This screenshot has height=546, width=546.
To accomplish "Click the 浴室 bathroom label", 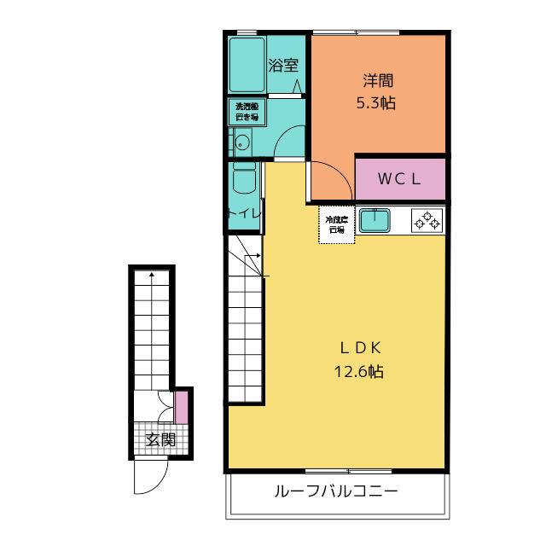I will point(282,65).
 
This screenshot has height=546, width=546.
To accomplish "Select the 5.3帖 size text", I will point(376,103).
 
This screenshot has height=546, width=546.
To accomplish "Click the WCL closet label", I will point(399,179).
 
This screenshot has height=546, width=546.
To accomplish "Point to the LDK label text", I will point(359,348).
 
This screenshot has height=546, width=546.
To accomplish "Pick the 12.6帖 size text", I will point(359,371).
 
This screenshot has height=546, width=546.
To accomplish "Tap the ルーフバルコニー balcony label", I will point(336,492).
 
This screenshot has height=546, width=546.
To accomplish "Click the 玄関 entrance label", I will point(160,440).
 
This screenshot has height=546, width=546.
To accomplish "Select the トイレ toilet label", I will point(242,214).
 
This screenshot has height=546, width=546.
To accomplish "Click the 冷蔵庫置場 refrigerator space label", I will point(336,224).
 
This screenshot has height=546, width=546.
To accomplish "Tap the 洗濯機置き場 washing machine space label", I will point(247,112).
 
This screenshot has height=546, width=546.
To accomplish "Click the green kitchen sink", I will point(374,221).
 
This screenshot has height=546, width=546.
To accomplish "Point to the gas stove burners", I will point(427,221).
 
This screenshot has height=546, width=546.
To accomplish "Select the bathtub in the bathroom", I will point(246,65).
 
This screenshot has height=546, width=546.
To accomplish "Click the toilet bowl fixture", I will point(244,181).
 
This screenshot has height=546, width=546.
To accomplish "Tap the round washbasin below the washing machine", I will point(241,142).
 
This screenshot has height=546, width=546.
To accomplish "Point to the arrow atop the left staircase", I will point(152,275).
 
